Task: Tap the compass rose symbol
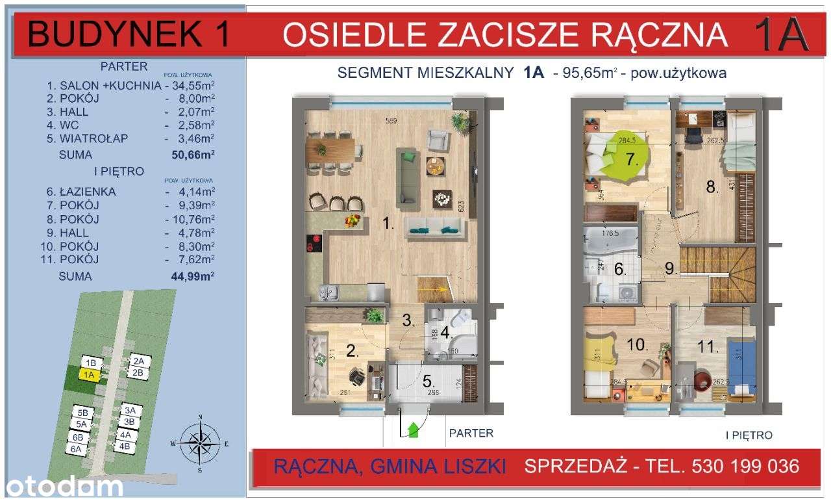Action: pos(201,443)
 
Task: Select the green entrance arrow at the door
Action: pos(412,429)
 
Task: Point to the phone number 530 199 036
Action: pos(743,466)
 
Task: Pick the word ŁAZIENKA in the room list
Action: pos(86,192)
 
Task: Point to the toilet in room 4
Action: pos(462,318)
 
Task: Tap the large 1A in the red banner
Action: pos(781,35)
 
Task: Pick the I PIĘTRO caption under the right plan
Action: pos(749,435)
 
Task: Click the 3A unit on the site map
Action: pos(132,410)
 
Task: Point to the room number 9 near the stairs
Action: pos(671,268)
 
